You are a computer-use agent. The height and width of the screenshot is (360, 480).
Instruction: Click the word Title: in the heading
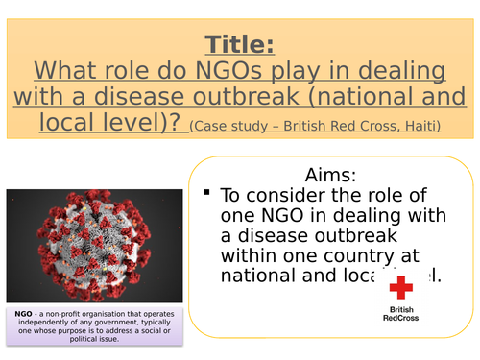point(240,44)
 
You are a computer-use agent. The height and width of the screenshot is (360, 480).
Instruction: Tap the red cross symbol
point(402,287)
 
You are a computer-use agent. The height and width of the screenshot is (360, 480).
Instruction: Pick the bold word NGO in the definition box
point(26,315)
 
